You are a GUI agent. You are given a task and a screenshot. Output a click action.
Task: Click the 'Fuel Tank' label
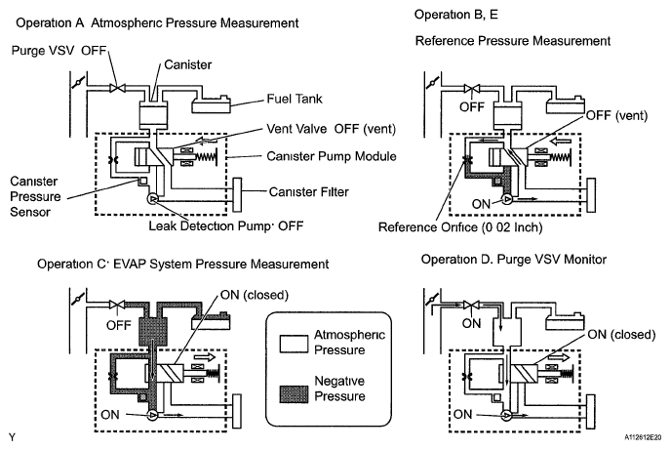pos(295,99)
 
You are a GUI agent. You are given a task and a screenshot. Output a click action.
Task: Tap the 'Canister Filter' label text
pos(308,191)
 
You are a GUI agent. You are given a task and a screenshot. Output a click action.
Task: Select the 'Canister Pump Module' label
pos(332,156)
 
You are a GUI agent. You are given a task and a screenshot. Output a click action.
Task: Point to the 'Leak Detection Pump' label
pos(210,225)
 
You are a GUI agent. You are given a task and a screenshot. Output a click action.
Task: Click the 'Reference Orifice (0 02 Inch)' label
pos(460,226)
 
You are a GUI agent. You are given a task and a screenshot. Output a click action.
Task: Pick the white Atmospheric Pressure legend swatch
pos(294,344)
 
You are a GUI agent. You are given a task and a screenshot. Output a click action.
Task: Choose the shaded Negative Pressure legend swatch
pos(294,394)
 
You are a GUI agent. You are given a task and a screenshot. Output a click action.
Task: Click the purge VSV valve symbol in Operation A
pos(117,88)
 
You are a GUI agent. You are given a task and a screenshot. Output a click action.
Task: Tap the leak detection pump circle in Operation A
pos(152,199)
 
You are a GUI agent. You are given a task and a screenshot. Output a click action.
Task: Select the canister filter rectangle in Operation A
pos(237,195)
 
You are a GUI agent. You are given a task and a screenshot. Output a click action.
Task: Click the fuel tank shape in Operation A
pos(211,103)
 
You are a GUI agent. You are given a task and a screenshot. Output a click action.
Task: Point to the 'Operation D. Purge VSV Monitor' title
pos(514,260)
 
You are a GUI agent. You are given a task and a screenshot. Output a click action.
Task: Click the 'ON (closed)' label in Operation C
pos(255,295)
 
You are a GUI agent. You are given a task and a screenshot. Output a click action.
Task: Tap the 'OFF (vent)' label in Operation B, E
pos(616,115)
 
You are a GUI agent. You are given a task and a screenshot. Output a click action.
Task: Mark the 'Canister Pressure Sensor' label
pos(35,196)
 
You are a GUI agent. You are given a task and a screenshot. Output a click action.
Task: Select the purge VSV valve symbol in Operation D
pos(472,305)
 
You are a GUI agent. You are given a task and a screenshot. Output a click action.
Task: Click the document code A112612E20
pos(643,437)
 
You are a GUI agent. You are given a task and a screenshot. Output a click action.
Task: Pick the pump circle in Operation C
pos(152,415)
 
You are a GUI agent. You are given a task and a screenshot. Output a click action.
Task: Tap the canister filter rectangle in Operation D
pos(591,412)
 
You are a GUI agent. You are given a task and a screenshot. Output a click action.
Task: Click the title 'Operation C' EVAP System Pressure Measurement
pos(183,264)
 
